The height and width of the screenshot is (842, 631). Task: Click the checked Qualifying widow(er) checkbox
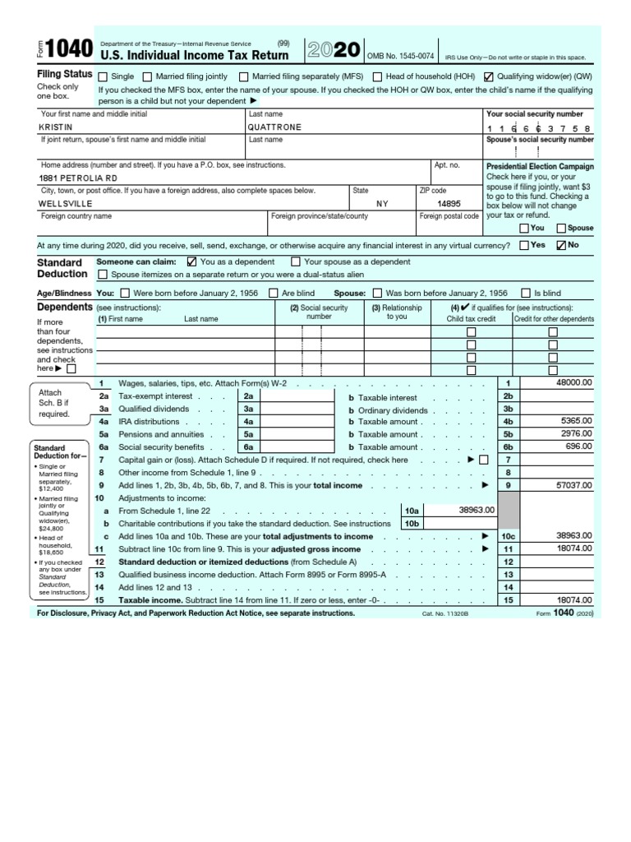490,76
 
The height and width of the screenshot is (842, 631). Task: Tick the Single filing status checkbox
104,76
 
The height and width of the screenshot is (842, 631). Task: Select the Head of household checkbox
377,76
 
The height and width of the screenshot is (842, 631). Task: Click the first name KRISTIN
56,127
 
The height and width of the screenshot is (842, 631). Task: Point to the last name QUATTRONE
274,127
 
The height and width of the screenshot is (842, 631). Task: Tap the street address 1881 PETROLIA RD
78,178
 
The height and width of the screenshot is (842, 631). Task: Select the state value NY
383,203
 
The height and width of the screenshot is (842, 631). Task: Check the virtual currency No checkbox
562,245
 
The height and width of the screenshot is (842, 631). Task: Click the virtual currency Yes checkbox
524,245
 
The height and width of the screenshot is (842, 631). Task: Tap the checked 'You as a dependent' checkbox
192,261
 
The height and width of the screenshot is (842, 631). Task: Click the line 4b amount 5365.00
575,420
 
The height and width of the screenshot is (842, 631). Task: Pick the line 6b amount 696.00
578,446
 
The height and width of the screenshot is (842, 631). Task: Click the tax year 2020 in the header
332,50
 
